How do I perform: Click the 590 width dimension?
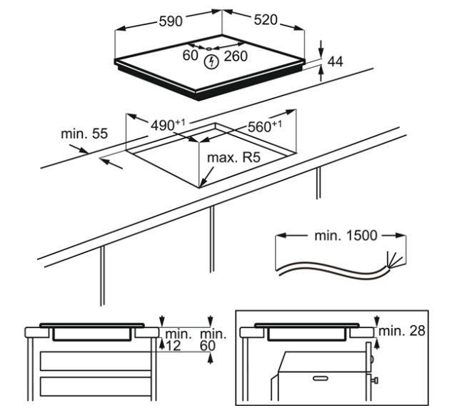(x=171, y=21)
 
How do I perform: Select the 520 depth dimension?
(x=266, y=19)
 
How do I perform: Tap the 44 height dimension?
(x=336, y=61)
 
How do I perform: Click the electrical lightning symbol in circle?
(x=211, y=61)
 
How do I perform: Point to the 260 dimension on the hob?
(x=236, y=56)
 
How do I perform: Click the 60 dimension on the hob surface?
(x=190, y=55)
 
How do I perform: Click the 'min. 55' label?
(x=84, y=134)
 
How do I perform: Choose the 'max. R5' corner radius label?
(x=233, y=157)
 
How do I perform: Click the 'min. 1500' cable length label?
(x=346, y=236)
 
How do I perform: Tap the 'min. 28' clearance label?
(x=401, y=331)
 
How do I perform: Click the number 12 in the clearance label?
(x=174, y=346)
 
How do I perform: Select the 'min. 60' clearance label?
(x=212, y=339)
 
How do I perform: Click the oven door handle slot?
(x=321, y=378)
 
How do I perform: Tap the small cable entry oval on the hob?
(x=209, y=49)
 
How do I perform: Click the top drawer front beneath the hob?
(x=96, y=361)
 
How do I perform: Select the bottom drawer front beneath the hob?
(x=96, y=387)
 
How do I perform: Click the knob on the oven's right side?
(x=375, y=381)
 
